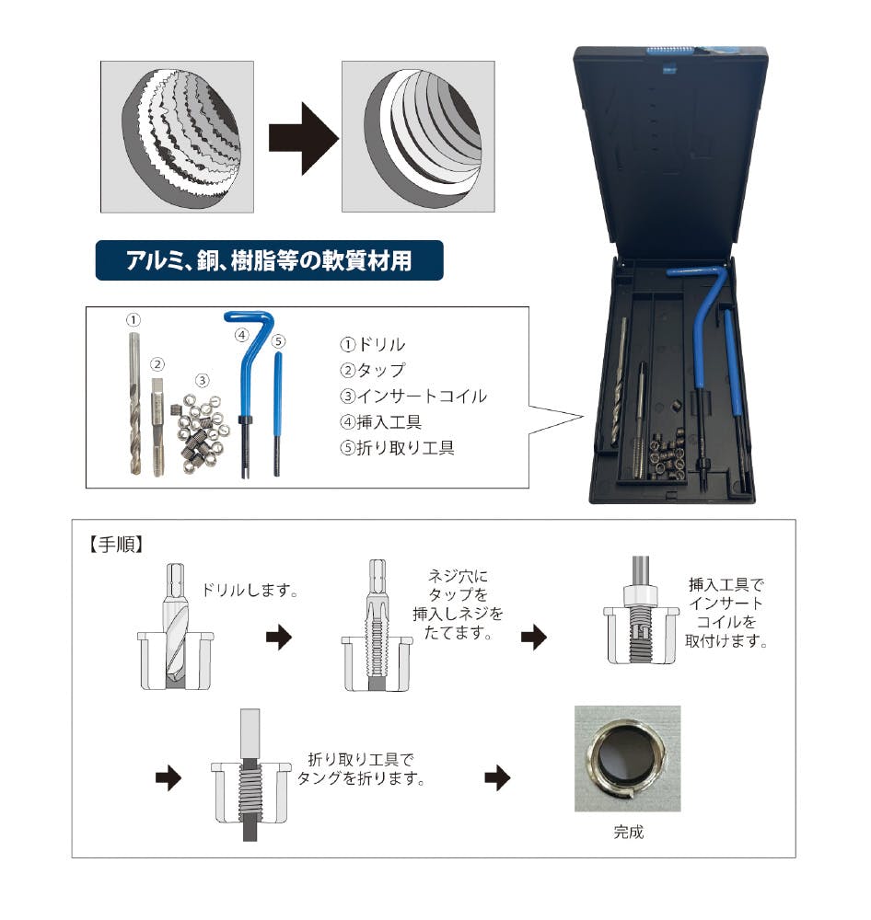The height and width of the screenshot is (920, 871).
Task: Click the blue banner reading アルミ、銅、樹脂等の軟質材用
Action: [269, 260]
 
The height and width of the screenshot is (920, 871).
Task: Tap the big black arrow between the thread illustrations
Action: [304, 139]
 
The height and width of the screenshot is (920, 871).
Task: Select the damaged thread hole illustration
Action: [177, 137]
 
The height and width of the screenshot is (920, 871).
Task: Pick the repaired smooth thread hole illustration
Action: [418, 137]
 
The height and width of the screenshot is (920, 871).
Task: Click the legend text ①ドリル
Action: [372, 344]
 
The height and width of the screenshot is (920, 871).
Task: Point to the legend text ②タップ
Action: [372, 370]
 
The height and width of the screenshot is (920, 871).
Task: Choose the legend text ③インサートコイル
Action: [413, 396]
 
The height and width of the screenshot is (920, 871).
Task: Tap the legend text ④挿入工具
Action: [380, 422]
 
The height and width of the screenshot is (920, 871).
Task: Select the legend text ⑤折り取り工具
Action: [397, 448]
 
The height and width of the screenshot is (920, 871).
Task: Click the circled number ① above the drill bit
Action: [134, 320]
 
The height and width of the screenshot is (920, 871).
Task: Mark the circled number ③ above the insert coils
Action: [202, 380]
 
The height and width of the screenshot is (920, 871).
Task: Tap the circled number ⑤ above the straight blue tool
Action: [278, 341]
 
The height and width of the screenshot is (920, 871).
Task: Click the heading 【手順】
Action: [116, 545]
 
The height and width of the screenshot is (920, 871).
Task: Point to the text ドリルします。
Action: [250, 590]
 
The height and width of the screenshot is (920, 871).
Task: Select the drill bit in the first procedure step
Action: [176, 625]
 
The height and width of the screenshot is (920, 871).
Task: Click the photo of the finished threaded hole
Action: [627, 759]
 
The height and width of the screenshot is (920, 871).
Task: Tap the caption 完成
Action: [629, 832]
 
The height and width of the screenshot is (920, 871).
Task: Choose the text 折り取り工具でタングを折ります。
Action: [361, 769]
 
